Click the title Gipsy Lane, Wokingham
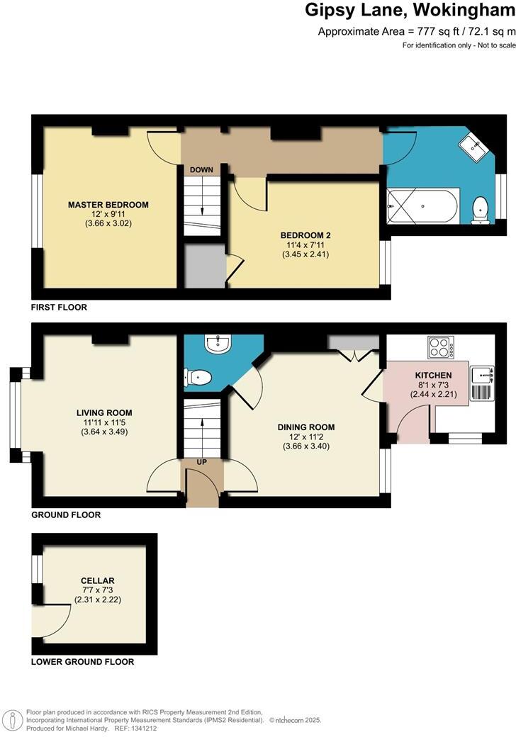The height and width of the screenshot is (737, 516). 410,11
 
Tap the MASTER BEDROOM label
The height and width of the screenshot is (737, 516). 108,205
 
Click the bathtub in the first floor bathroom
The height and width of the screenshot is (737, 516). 422,206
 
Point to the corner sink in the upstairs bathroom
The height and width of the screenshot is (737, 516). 473,147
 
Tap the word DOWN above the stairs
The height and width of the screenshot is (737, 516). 202,170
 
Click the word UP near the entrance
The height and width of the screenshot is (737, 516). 202,461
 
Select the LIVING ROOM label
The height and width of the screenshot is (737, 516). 104,412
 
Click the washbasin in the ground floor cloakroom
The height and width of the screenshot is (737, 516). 216,344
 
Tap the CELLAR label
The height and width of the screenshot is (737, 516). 97,581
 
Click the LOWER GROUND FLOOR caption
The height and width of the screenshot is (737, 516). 82,662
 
